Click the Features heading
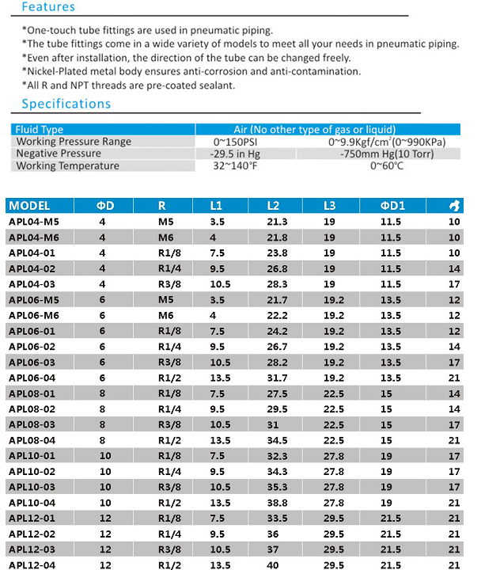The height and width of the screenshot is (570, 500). (47, 7)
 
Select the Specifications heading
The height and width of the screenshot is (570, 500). (66, 104)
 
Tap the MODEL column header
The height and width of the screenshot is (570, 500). (29, 206)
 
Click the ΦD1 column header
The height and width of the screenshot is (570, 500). (393, 206)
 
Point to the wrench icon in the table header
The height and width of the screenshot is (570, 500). (454, 206)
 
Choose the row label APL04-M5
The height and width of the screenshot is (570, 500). (34, 222)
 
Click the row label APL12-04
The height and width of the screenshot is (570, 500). (32, 564)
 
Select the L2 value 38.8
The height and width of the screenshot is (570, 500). (278, 503)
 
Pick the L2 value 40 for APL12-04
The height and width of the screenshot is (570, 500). (273, 564)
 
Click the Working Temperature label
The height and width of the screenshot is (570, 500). (67, 166)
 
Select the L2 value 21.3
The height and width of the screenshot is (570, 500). (278, 222)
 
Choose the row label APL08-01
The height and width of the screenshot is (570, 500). (32, 393)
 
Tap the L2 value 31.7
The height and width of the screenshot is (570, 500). (278, 378)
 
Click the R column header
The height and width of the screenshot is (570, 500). (161, 206)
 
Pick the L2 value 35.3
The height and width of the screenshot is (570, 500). (278, 487)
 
